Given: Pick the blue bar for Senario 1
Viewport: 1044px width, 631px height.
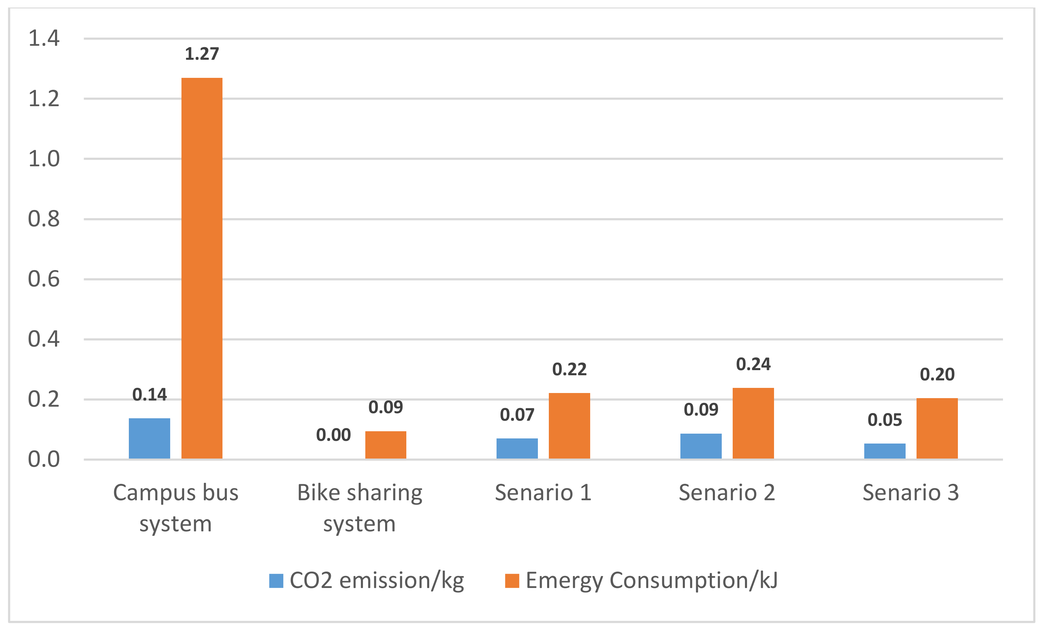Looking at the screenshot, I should (517, 448).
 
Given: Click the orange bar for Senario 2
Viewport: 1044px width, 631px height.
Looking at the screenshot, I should (753, 423).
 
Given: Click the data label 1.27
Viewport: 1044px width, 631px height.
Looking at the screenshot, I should (202, 54).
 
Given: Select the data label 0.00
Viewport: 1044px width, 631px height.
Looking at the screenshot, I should (334, 435).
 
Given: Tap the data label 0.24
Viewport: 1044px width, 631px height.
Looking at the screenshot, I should (753, 364).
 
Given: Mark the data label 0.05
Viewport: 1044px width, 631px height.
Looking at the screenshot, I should (885, 420).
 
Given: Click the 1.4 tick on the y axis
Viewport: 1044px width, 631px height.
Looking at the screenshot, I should (44, 38).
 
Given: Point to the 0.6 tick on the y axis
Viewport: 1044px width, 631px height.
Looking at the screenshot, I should (44, 279).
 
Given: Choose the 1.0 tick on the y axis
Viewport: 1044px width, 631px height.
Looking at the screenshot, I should (44, 159).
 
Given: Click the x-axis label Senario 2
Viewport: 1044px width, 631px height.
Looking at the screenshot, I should (727, 492).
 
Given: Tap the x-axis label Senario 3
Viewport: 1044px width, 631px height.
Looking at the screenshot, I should (910, 492).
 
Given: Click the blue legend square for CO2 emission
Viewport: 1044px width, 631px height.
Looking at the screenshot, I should (276, 580).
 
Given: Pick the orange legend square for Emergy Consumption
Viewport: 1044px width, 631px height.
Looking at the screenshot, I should (512, 580).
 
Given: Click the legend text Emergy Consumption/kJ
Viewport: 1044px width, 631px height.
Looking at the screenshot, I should (651, 580).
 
